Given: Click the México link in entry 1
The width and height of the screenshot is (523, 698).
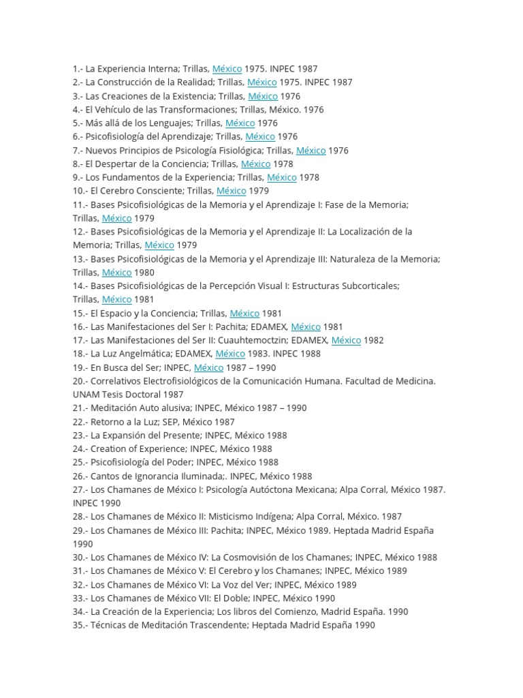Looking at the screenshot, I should pos(227,69).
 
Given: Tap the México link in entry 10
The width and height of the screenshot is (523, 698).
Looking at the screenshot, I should pos(231,191).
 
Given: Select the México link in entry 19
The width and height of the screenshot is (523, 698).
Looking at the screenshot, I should pos(208,367).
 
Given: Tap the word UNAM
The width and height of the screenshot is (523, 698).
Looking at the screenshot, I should pos(86,395).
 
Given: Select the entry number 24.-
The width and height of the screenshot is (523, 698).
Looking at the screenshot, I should pos(80,449).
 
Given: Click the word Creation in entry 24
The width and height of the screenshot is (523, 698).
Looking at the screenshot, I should pos(110,449).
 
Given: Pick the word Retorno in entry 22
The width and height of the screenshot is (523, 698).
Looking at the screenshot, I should pos(110,422).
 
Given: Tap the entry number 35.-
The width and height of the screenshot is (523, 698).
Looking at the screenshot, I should pos(80,625).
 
